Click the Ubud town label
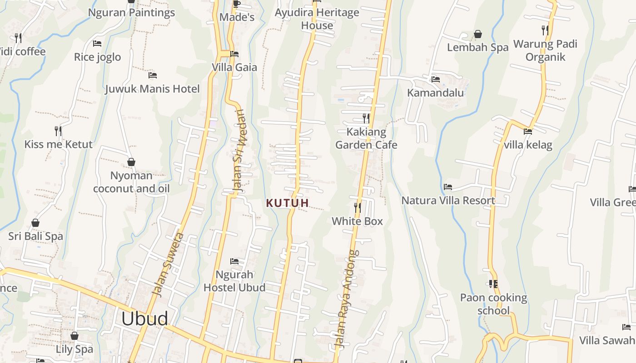click(144, 319)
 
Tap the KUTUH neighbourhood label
click(288, 203)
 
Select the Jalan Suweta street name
click(168, 265)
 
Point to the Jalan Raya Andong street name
click(347, 299)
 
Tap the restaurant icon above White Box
click(358, 208)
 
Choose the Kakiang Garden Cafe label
click(366, 138)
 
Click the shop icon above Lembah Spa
click(478, 34)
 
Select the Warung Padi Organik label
click(545, 50)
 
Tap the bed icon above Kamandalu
click(436, 79)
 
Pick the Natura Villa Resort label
click(448, 200)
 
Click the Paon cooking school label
click(493, 304)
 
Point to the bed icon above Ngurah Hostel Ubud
click(234, 261)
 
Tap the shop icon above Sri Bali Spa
click(35, 223)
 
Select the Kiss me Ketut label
click(58, 144)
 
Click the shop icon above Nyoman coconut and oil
click(131, 162)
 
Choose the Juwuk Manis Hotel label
click(153, 88)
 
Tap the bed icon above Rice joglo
click(97, 44)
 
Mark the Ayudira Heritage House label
click(317, 19)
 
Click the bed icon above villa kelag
click(528, 132)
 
